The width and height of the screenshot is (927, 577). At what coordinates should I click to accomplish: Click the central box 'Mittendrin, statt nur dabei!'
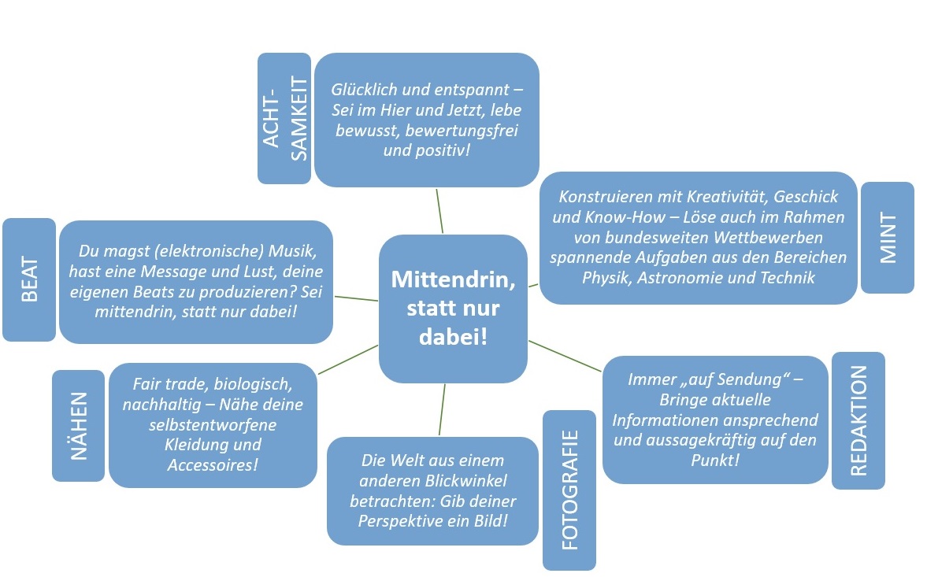coord(452,309)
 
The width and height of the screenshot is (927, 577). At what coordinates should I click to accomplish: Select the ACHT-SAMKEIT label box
coord(284,118)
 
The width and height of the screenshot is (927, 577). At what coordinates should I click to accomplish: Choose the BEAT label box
coord(29,279)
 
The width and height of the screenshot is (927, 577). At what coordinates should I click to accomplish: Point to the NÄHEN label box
coord(78,425)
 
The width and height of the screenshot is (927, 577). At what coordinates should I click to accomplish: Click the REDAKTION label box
coord(858,420)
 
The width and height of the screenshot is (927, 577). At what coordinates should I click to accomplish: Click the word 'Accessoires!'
coord(213,465)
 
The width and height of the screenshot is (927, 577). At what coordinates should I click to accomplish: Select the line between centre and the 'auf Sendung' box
coord(565,356)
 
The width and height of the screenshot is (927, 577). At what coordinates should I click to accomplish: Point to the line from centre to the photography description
coord(442,409)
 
